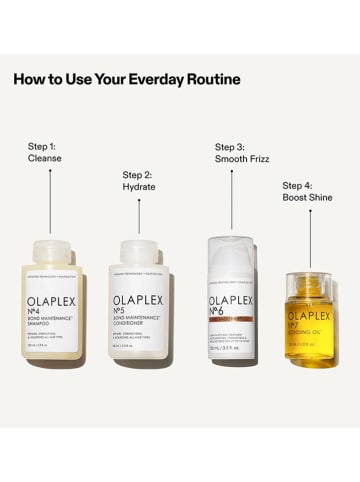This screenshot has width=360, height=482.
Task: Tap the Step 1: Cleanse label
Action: (44, 152)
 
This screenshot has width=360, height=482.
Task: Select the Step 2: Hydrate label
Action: (138, 180)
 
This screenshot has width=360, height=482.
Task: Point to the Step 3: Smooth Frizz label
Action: (238, 152)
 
